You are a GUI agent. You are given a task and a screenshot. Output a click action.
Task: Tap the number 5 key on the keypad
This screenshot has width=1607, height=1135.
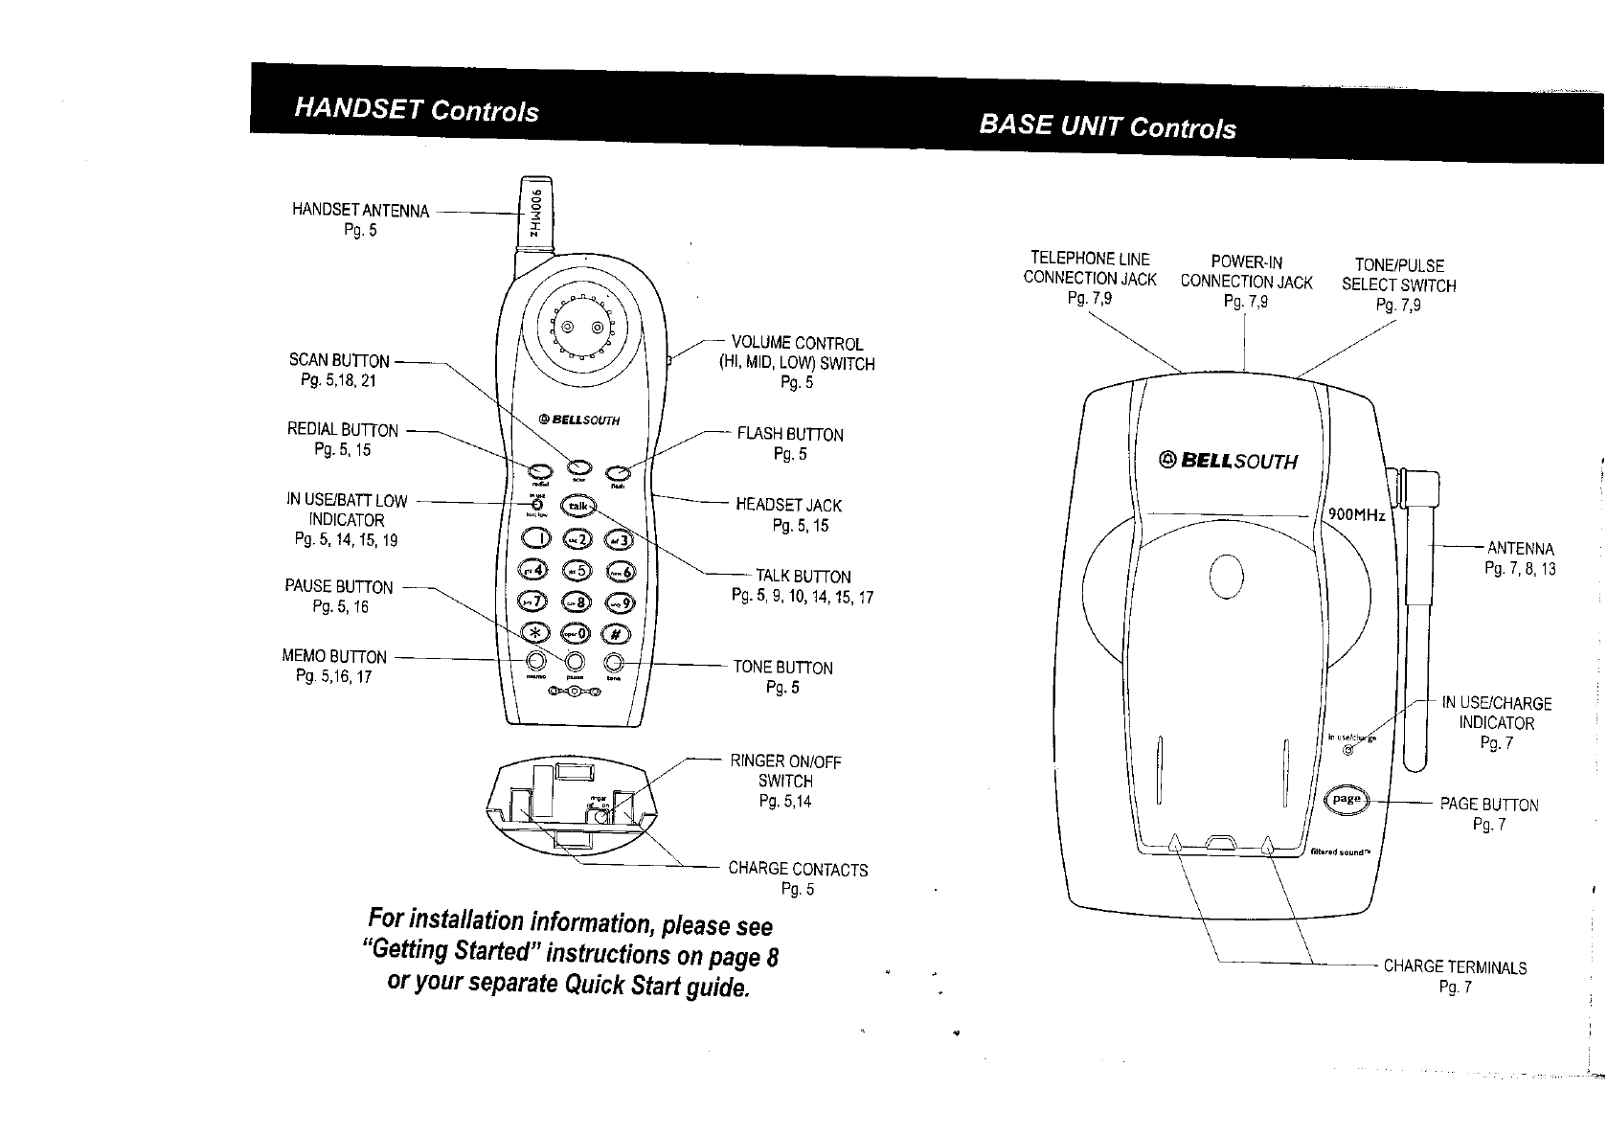[x=577, y=570]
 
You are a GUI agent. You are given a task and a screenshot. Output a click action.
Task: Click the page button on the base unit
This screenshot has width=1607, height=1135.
[x=1348, y=800]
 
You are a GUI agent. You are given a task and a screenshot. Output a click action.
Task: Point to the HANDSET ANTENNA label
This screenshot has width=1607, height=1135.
[x=360, y=211]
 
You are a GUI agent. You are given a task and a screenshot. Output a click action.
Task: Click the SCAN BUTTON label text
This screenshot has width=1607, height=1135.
[x=339, y=361]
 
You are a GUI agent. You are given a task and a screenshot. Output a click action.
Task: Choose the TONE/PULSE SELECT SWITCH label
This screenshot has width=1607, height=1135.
[x=1398, y=275]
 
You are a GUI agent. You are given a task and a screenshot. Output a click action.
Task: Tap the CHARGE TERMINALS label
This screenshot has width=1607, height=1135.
[x=1455, y=967]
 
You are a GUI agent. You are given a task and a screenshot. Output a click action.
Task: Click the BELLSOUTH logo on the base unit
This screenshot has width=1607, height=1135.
[x=1228, y=461]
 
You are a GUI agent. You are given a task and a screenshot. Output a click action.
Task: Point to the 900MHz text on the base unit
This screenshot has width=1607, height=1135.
[x=1356, y=515]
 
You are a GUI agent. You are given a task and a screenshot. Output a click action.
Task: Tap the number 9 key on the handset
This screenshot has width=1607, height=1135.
[x=618, y=602]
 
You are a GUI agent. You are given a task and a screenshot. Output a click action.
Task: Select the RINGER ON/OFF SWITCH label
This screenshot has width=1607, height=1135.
[x=785, y=771]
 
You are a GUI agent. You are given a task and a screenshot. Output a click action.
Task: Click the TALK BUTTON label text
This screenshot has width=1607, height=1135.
[x=803, y=576]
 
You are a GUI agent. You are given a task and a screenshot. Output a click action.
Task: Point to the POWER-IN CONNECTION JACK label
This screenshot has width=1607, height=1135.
[x=1246, y=272]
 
